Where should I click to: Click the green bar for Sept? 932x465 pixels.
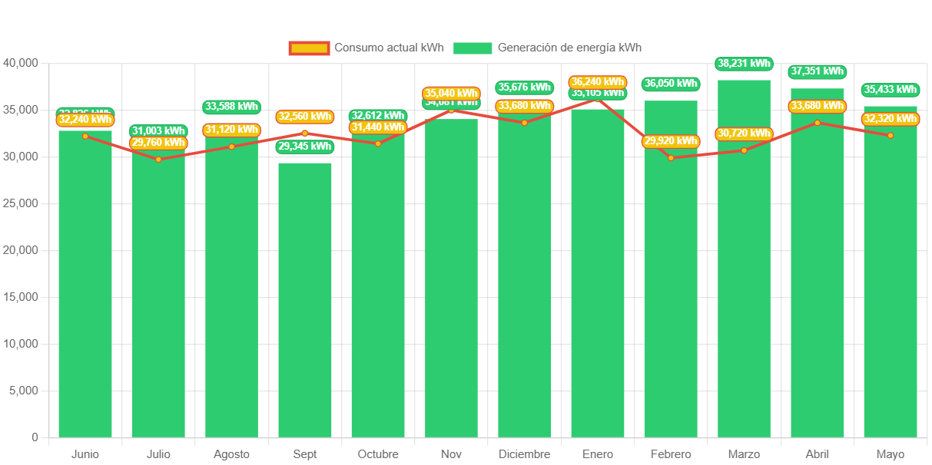point(305,299)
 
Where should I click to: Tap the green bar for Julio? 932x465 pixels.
point(158,292)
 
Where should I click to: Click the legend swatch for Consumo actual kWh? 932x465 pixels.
point(309,48)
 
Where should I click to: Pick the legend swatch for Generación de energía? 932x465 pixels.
point(472,48)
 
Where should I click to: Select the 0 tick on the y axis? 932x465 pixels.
point(35,437)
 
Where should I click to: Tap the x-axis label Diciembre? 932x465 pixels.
point(524,454)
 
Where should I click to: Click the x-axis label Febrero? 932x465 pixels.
point(671,454)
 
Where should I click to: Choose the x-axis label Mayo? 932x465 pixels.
point(891,454)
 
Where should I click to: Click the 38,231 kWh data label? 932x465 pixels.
point(744,63)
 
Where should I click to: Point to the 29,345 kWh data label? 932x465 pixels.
point(305,146)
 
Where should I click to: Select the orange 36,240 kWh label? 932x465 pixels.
point(598,81)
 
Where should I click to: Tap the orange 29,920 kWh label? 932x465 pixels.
point(671,141)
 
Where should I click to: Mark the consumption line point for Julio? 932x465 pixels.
point(158,159)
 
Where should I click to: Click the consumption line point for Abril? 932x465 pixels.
point(818,123)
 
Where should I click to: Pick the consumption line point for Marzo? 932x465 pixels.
point(744,150)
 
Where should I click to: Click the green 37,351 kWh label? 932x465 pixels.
point(818,71)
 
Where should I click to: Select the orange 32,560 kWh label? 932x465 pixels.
point(305,117)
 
